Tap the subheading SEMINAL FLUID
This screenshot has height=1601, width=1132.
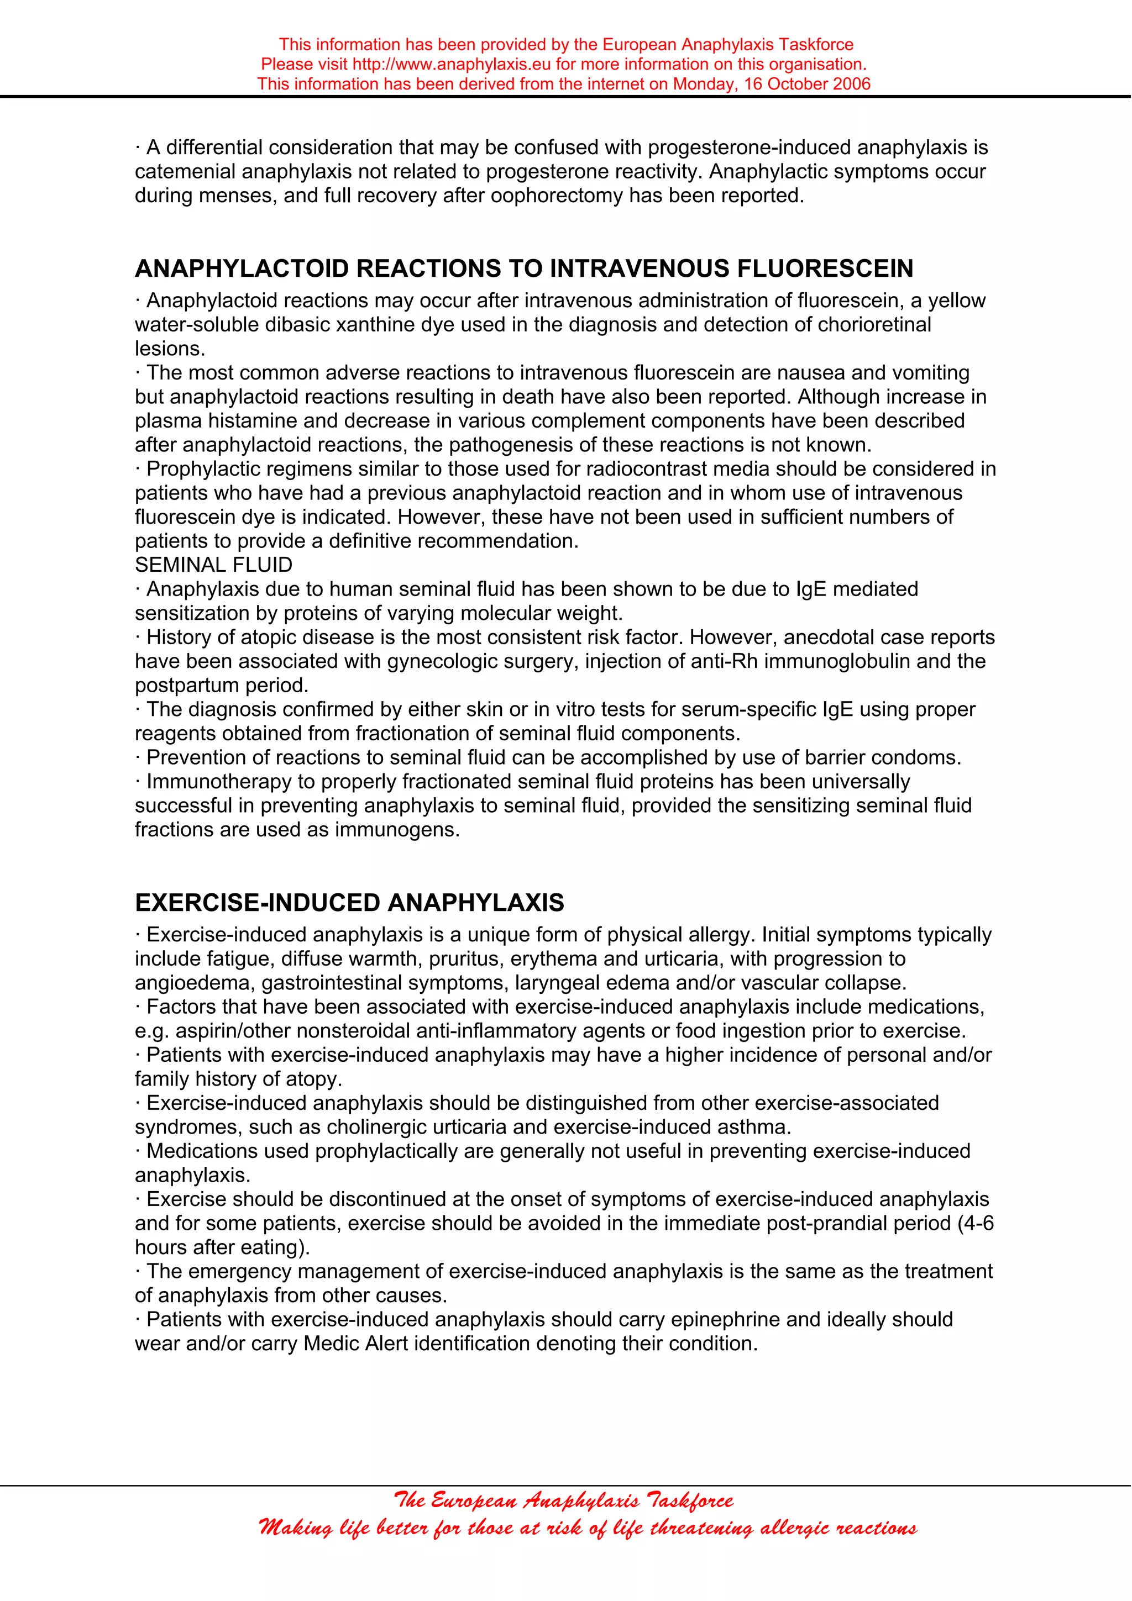[213, 565]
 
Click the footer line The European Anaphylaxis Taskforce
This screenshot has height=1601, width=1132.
[564, 1499]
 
